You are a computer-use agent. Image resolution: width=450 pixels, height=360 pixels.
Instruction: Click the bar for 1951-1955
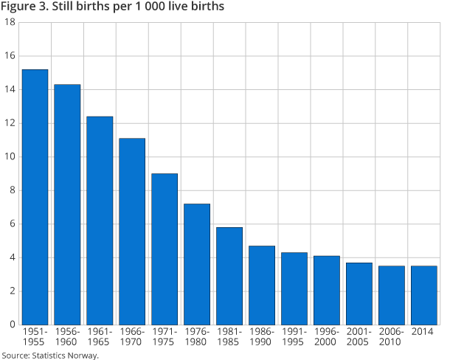point(35,197)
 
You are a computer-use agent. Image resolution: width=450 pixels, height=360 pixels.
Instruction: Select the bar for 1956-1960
point(67,204)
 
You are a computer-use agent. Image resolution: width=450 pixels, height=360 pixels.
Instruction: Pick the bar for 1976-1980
point(197,264)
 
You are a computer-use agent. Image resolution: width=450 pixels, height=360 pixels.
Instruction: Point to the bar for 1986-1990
point(262,285)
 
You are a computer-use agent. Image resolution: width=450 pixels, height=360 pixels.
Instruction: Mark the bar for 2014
point(424,295)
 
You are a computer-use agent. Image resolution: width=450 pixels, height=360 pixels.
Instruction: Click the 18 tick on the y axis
point(10,23)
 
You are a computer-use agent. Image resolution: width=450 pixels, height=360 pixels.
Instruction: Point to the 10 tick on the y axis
point(10,157)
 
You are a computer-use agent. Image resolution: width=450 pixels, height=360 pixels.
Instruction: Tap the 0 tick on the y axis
point(13,325)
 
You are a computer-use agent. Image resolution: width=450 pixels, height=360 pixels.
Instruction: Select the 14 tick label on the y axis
point(10,90)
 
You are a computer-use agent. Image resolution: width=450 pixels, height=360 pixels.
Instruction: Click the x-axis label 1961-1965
point(100,337)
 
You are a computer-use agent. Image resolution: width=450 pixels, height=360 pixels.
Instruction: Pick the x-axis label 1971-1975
point(165,337)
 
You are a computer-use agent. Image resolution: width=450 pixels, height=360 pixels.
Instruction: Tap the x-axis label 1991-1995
point(294,337)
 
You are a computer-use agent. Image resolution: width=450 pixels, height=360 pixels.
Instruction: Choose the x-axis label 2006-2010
point(392,337)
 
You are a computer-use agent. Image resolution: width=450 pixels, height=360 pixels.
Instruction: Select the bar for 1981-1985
point(229,276)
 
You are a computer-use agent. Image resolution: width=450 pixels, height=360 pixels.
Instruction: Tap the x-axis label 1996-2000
point(327,337)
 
